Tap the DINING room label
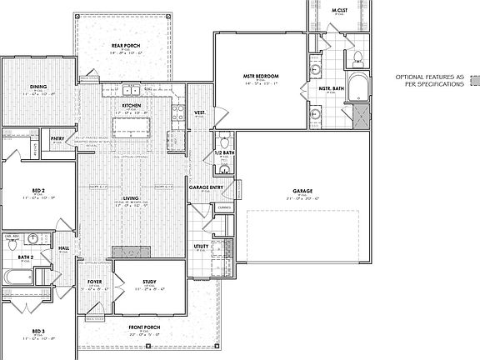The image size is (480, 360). pos(37,86)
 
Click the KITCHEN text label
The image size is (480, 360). pos(132,106)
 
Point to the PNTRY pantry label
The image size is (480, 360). pos(57,138)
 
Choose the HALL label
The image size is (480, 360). pos(64,248)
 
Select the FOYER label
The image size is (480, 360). pos(95,282)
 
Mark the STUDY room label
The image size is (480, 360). pos(149,282)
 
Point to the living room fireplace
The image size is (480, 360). pos(131,252)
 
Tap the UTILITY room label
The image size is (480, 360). pos(201,247)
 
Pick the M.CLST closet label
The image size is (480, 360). pos(338,11)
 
